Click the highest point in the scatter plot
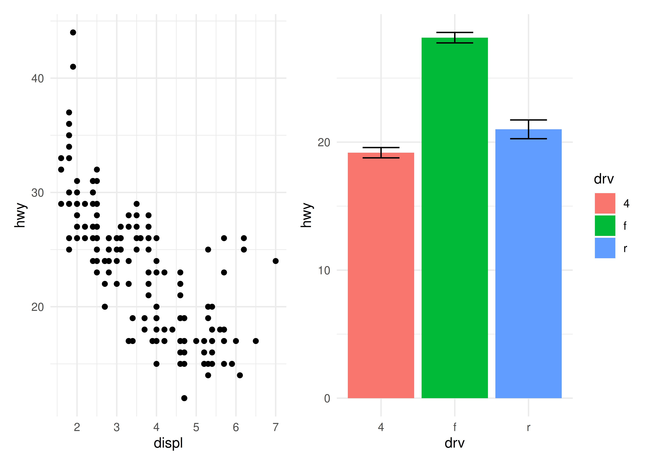click(x=73, y=32)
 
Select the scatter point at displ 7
click(x=275, y=261)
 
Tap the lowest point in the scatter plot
click(x=184, y=398)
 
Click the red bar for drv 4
click(x=381, y=275)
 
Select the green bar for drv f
click(x=455, y=218)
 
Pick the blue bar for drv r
click(x=528, y=263)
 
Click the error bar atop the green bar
click(x=455, y=38)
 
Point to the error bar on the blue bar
click(x=528, y=129)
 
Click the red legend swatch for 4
click(x=605, y=203)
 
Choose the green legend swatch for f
click(x=605, y=226)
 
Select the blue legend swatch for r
click(x=605, y=248)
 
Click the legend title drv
click(x=604, y=179)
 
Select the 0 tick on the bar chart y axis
click(x=327, y=398)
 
